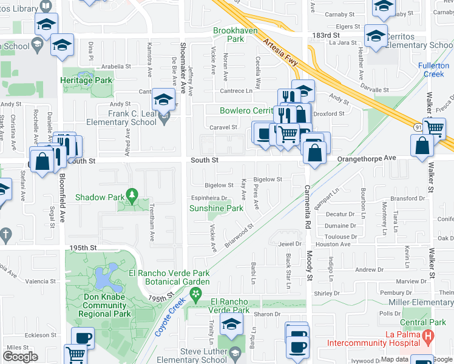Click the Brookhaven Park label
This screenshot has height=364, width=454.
pos(235,35)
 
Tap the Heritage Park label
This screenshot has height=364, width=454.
pos(86,80)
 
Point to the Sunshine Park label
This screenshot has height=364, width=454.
pos(216,208)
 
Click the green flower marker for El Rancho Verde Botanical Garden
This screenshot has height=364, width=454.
pos(195,295)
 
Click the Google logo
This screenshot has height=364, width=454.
pos(20,357)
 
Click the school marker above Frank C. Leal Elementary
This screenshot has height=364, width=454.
pos(163,99)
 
